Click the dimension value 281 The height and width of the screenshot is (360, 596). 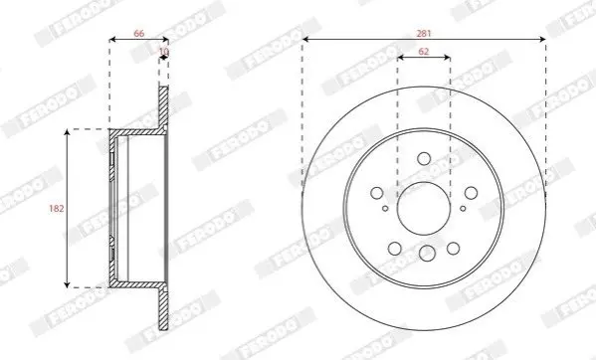coord(424,34)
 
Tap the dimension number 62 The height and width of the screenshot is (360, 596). coord(424,52)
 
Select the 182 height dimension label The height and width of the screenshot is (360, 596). coord(57,209)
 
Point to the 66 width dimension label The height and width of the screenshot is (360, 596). coord(139,34)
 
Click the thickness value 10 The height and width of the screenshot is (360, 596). coord(164,52)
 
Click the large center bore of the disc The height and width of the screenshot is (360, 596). coord(424,208)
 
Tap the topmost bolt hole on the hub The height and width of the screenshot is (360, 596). coord(424,159)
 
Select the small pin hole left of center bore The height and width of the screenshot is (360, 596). coord(385,209)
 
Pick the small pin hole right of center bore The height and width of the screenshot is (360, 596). coord(463,209)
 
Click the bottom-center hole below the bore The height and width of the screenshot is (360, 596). coord(427,254)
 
